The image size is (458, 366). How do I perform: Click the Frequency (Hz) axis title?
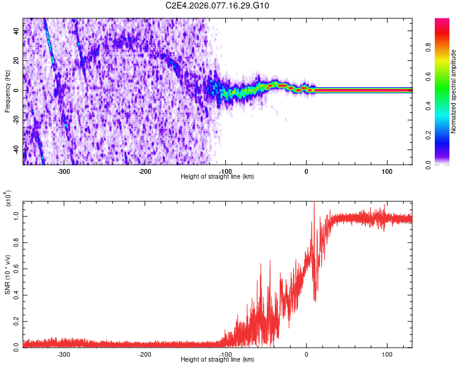pyautogui.click(x=7, y=91)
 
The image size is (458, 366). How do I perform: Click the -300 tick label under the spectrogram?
pyautogui.click(x=64, y=171)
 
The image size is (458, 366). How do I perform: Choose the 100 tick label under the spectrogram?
pyautogui.click(x=387, y=171)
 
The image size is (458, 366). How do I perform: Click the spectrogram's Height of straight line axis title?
pyautogui.click(x=217, y=177)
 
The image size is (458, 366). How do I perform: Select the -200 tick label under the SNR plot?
pyautogui.click(x=144, y=354)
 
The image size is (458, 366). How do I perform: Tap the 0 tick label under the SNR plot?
pyautogui.click(x=306, y=354)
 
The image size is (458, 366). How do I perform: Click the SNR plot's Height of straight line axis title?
pyautogui.click(x=217, y=360)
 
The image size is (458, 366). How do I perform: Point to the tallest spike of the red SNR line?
pyautogui.click(x=313, y=203)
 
